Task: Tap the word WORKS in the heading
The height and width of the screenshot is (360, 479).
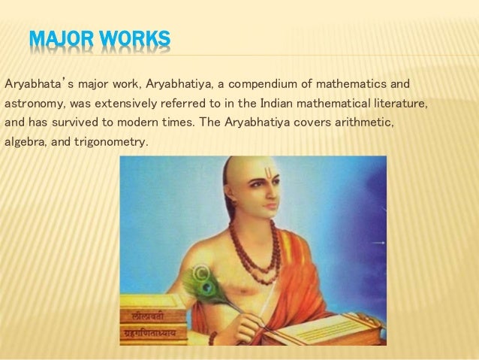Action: pos(132,38)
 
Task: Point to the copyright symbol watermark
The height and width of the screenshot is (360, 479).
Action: pos(200,271)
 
